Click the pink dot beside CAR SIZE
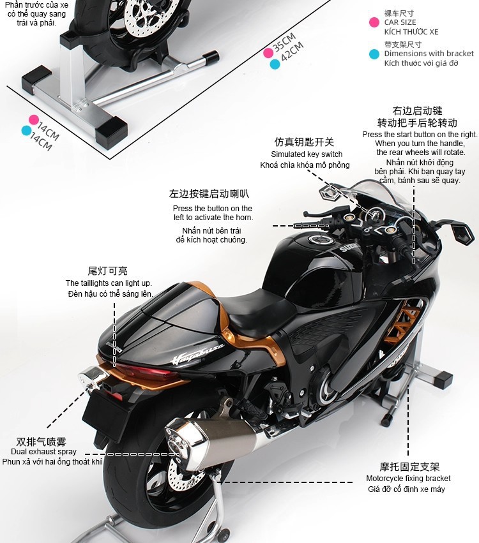click(374, 22)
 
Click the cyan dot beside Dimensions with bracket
click(374, 54)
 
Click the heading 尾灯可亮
click(107, 271)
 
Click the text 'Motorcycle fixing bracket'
click(408, 479)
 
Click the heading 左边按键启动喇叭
click(209, 194)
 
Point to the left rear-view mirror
click(330, 191)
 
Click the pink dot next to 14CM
click(33, 119)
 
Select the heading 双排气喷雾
click(42, 441)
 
